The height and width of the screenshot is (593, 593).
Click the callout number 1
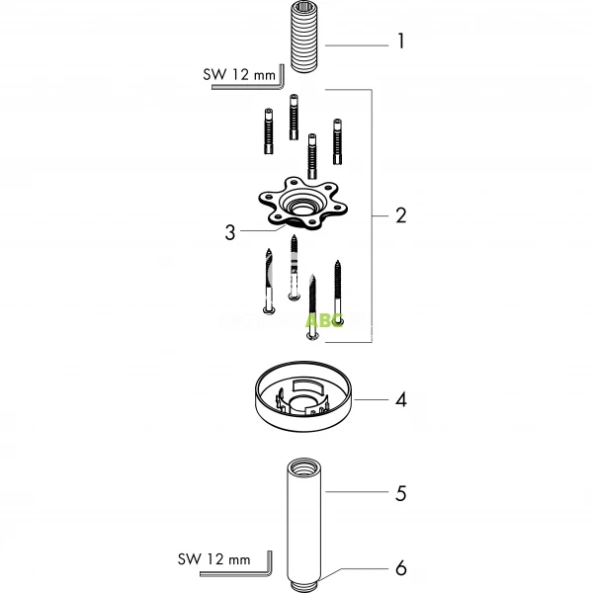pos(400,42)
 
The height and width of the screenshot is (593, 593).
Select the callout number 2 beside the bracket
pos(400,214)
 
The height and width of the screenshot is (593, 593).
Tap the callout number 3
pos(230,232)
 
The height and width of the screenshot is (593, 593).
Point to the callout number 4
pos(400,400)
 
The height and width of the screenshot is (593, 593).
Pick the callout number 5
pos(400,492)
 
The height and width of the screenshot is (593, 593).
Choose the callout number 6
pos(400,568)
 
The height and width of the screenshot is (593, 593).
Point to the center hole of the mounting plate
pos(297,208)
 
